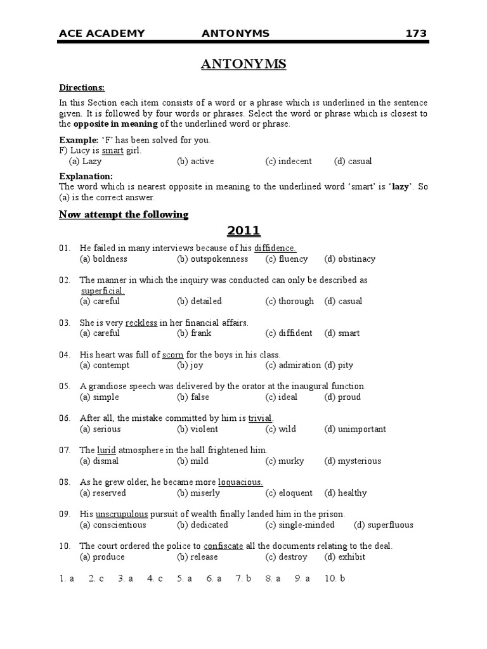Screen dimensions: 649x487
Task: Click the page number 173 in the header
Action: (x=416, y=34)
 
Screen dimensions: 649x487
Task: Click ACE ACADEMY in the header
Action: (x=102, y=34)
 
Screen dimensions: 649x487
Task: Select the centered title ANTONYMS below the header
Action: (x=243, y=64)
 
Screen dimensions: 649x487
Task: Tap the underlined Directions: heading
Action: (x=82, y=87)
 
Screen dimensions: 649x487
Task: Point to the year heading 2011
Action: (x=243, y=231)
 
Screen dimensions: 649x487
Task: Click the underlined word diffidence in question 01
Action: (x=275, y=248)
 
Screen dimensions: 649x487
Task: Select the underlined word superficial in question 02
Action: (x=102, y=290)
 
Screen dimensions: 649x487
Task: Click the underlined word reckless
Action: (x=141, y=323)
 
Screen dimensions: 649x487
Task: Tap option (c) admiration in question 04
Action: (x=294, y=365)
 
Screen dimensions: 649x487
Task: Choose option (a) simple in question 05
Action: (x=99, y=397)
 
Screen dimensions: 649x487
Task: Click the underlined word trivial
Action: (x=261, y=418)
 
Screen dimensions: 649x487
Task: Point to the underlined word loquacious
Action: (x=240, y=482)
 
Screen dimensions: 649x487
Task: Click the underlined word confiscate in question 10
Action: (x=223, y=546)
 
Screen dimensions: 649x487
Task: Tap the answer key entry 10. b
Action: (x=334, y=579)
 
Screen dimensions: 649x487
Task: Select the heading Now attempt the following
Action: (x=124, y=214)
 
